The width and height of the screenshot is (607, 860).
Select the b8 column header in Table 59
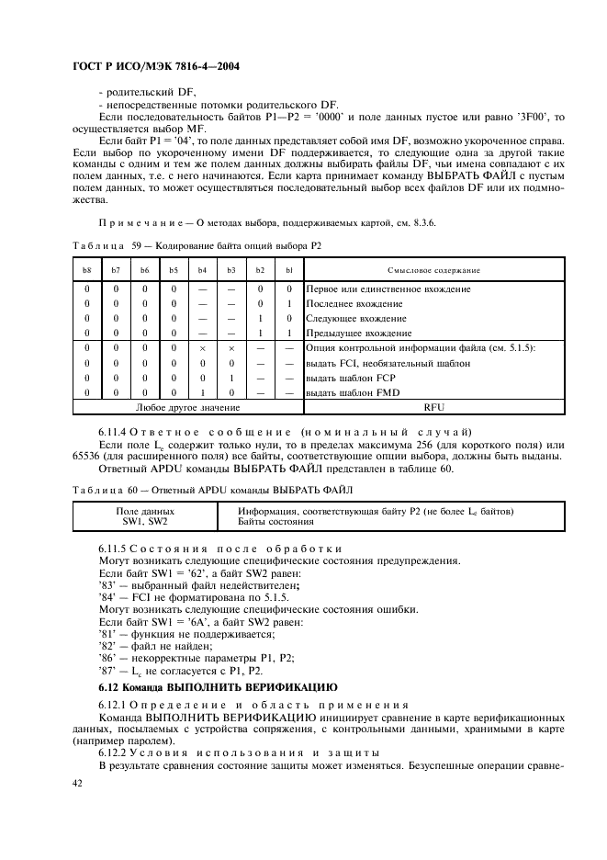pyautogui.click(x=87, y=270)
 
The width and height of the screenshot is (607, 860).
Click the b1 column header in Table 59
pyautogui.click(x=288, y=270)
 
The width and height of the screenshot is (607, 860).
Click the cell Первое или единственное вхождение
pyautogui.click(x=388, y=289)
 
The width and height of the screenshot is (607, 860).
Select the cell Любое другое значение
pyautogui.click(x=187, y=406)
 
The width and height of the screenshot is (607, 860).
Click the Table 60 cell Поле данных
pyautogui.click(x=145, y=511)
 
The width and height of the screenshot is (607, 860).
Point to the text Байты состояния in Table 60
pyautogui.click(x=275, y=521)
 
